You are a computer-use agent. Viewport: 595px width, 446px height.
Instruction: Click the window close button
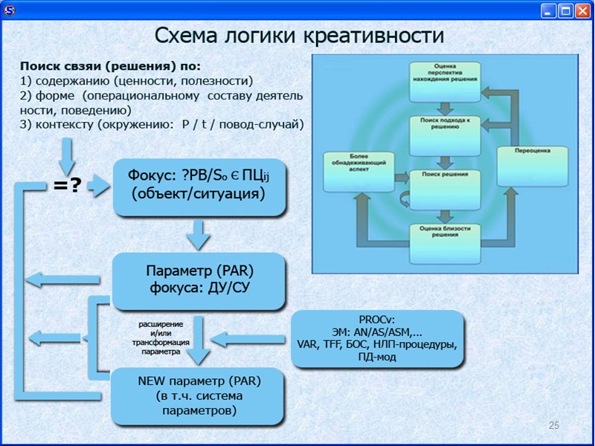[582, 10]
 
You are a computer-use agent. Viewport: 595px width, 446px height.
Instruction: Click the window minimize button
[549, 10]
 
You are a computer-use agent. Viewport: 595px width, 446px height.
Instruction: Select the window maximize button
[565, 10]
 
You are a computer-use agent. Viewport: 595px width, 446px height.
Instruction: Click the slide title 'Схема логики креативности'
[299, 35]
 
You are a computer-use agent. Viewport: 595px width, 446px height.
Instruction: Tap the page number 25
[553, 425]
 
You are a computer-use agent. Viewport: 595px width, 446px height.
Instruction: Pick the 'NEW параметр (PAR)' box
[199, 395]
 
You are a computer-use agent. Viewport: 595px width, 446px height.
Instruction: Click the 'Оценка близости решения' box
[443, 232]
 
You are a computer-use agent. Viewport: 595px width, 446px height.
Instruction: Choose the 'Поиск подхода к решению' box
[443, 124]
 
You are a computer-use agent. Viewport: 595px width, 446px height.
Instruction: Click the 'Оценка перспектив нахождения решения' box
[443, 75]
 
